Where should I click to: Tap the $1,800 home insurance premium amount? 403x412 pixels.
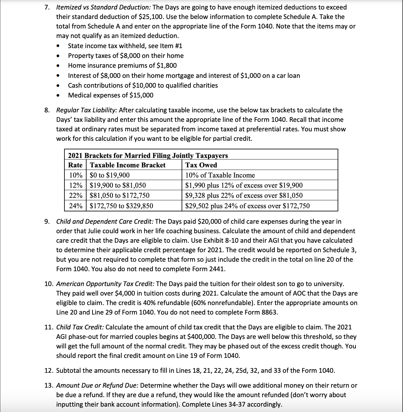pos(167,66)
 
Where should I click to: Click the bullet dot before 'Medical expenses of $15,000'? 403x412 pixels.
pos(58,96)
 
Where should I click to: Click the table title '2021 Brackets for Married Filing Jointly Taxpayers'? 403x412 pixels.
pos(148,155)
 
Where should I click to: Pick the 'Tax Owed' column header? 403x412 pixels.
pos(201,165)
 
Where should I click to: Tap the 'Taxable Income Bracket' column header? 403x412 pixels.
pos(128,165)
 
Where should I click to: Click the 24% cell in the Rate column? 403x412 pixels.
pos(75,206)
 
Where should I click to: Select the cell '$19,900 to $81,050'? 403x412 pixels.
pos(118,185)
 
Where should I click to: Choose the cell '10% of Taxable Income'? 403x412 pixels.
pos(220,175)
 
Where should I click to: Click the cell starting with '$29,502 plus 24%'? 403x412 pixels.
pos(247,206)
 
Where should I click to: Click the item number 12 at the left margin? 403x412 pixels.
pos(48,371)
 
